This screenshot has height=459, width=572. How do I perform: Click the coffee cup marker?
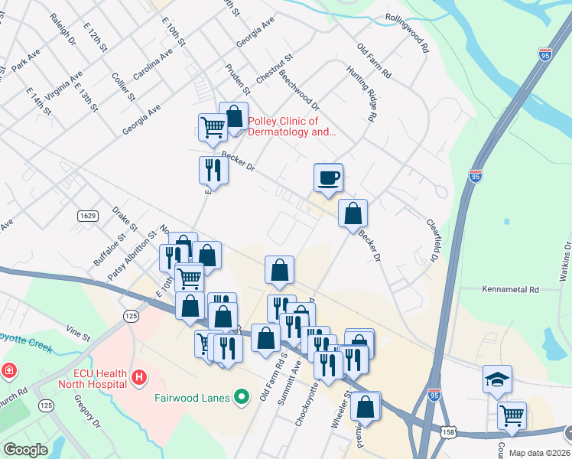328,178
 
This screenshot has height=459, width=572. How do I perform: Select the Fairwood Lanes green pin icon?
242,396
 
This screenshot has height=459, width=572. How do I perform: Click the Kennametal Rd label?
510,290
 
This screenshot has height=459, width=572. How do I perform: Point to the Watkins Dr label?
567,264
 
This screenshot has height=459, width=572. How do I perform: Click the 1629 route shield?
87,216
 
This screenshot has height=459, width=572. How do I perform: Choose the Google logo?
25,450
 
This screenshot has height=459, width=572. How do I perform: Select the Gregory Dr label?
86,411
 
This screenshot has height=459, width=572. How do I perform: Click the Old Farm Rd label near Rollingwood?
374,61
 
